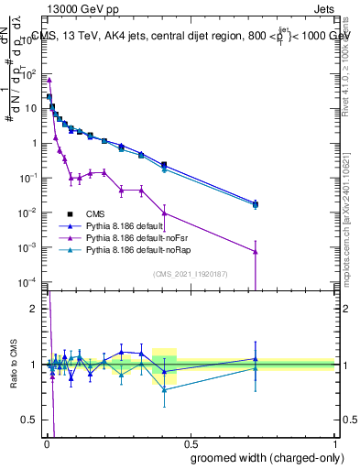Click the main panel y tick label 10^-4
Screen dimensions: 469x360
[31, 282]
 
